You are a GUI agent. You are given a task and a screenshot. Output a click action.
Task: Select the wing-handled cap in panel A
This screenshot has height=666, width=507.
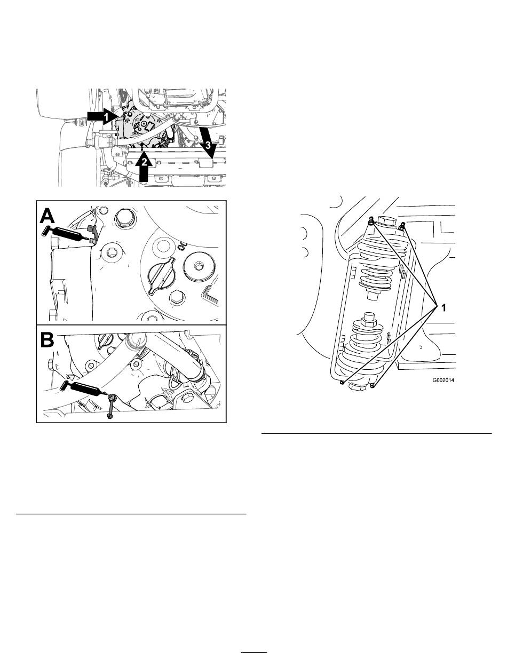tap(160, 274)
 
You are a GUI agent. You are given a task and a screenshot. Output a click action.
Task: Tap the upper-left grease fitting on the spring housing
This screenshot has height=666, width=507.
tap(370, 220)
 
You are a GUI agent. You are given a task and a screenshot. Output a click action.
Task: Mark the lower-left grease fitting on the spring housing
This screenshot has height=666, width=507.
tap(342, 383)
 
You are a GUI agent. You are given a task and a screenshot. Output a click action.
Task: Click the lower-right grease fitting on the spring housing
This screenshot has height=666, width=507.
tap(373, 385)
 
